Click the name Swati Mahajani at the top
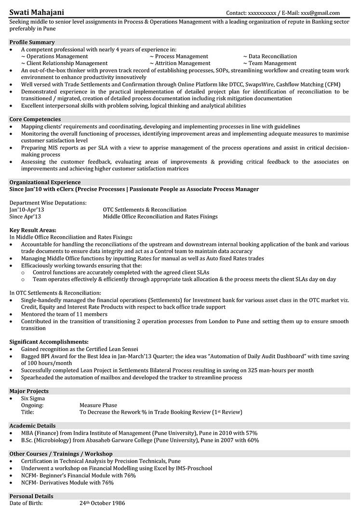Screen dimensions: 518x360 (x=36, y=12)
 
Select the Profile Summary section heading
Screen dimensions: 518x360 (x=32, y=42)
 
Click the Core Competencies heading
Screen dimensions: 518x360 (x=35, y=119)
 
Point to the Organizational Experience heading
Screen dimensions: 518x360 (x=45, y=182)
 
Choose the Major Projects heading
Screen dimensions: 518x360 (x=29, y=391)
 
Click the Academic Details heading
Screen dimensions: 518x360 (x=32, y=426)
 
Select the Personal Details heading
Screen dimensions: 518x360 (x=31, y=496)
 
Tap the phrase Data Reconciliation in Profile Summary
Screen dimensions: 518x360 (x=272, y=56)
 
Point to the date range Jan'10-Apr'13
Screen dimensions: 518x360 (x=27, y=210)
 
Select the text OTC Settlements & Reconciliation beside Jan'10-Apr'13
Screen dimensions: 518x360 (x=145, y=210)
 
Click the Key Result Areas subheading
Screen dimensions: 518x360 (x=33, y=230)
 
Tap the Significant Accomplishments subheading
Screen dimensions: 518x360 (x=49, y=341)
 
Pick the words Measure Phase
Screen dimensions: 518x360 (x=98, y=405)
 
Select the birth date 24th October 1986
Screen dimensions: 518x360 (x=102, y=504)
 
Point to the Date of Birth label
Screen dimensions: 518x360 (x=26, y=504)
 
